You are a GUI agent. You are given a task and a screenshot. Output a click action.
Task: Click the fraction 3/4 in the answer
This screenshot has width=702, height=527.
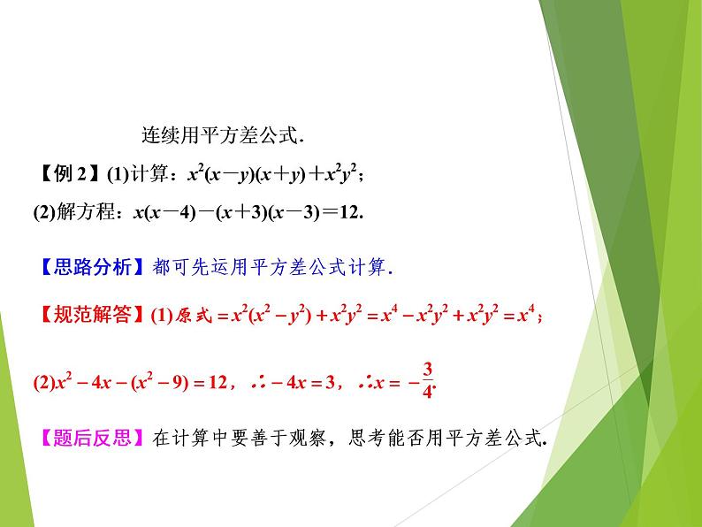(428, 380)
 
